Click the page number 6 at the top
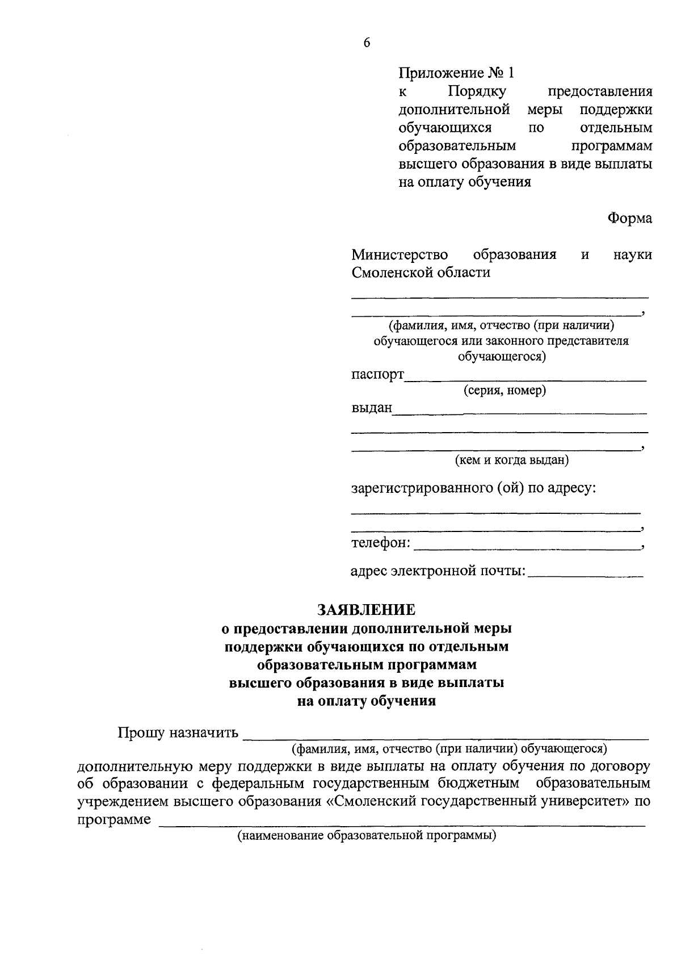[x=367, y=43]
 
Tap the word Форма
[x=629, y=218]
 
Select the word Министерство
[x=400, y=254]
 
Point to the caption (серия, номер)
[x=505, y=391]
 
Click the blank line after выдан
[x=519, y=411]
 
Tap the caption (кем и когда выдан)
[x=511, y=460]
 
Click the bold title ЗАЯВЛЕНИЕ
[x=366, y=610]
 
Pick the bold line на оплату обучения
[x=367, y=701]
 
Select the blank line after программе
[x=402, y=823]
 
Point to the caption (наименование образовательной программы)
[x=367, y=836]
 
